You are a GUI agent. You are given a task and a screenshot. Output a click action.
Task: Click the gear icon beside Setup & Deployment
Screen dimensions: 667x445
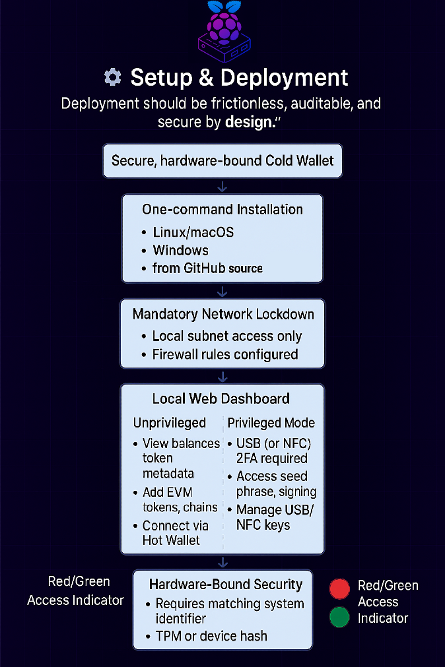pos(113,78)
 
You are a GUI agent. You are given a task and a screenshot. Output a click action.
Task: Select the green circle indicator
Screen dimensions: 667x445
pos(339,618)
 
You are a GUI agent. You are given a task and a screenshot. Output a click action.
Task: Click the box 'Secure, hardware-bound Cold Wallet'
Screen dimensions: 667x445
pos(222,161)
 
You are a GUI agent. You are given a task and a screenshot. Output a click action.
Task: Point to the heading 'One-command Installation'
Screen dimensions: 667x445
pos(222,210)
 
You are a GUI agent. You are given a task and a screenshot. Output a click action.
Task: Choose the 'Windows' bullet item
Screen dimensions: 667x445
pos(180,251)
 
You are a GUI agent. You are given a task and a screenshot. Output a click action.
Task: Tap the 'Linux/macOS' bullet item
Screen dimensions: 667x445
pos(193,232)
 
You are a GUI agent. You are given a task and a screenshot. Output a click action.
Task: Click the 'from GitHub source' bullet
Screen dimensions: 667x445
pos(207,269)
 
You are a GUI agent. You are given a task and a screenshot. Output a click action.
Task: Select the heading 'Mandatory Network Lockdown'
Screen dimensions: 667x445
pos(222,314)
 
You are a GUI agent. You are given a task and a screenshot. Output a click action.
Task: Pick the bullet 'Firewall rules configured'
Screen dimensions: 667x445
pos(225,354)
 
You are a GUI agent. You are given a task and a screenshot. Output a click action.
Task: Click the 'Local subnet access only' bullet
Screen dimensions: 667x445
pos(226,336)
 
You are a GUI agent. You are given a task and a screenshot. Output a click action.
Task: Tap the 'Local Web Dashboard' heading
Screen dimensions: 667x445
pos(221,398)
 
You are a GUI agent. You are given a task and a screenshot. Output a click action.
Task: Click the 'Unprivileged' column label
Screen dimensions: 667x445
pos(170,423)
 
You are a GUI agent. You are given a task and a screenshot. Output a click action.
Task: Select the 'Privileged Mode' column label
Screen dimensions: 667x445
pos(271,423)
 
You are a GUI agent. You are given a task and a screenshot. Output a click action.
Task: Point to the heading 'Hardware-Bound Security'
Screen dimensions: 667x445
pos(226,585)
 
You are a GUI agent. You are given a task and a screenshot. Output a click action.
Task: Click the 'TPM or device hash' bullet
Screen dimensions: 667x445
pos(211,636)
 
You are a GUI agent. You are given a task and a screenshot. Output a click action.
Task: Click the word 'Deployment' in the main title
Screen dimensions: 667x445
pos(285,78)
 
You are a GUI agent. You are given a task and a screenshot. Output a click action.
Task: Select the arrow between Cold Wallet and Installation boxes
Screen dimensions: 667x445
pos(222,187)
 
